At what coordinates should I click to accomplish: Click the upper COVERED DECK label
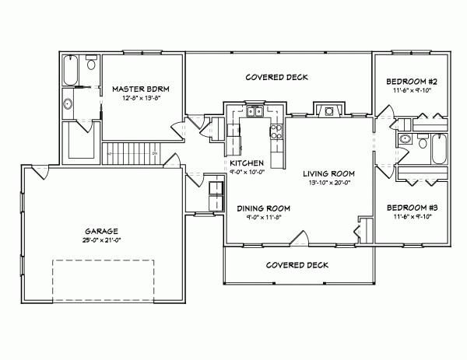(x=277, y=78)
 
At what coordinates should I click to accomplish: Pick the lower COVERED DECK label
(x=297, y=264)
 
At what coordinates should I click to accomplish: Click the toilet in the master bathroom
(x=91, y=63)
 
